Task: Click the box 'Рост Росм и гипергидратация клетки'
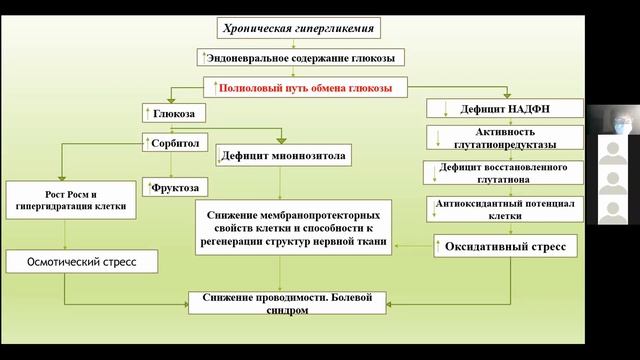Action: (x=63, y=198)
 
